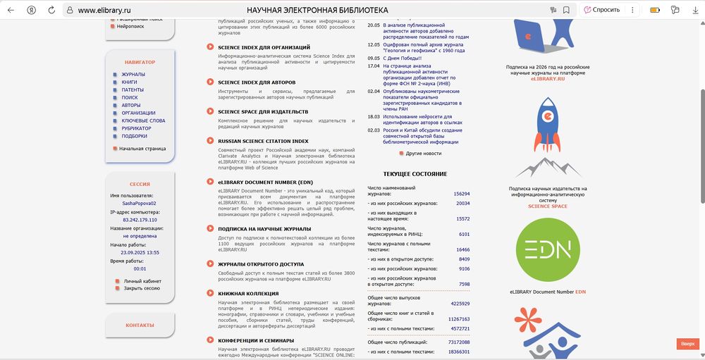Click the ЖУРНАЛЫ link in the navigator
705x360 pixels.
133,74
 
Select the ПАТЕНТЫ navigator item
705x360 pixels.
133,90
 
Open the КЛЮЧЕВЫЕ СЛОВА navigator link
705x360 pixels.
143,120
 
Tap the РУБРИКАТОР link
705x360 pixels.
136,128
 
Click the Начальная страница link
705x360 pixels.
142,149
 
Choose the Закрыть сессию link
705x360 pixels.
142,288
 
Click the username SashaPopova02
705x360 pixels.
140,203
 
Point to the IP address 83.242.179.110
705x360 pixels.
140,220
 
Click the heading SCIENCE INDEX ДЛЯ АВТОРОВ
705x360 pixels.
256,82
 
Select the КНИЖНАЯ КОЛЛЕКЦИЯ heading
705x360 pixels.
248,293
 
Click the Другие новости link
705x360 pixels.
423,153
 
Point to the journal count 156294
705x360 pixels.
462,193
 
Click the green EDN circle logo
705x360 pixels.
548,251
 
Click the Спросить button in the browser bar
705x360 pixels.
601,10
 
